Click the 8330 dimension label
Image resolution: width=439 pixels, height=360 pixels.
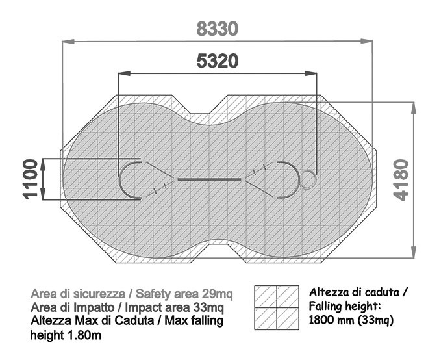coord(218,29)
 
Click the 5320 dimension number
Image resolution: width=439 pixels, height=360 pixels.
coord(218,61)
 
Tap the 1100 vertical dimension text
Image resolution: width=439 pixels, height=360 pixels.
coord(31,179)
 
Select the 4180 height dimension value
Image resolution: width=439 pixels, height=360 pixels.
coord(401,180)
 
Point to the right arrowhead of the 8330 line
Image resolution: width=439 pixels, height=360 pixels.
coord(366,41)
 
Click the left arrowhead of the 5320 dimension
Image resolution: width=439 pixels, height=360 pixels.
coord(124,73)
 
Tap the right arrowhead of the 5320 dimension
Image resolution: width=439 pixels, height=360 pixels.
coord(311,73)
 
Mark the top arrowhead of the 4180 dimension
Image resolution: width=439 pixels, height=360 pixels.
coord(413,109)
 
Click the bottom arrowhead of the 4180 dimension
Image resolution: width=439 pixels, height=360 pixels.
coord(413,251)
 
